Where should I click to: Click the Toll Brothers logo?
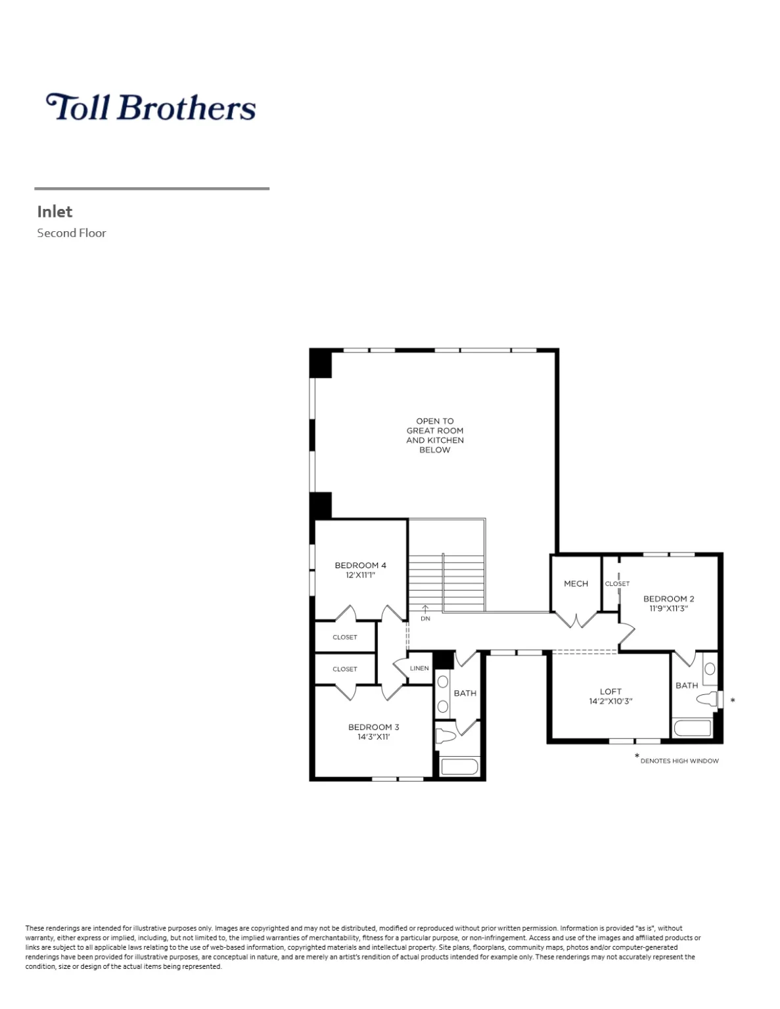(x=150, y=107)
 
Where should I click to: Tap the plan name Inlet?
(x=55, y=212)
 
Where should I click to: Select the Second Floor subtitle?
(x=71, y=233)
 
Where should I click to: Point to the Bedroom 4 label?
(x=360, y=565)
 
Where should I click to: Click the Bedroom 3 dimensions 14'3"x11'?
(x=373, y=736)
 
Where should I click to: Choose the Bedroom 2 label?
(x=668, y=598)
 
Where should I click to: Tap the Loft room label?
(x=610, y=691)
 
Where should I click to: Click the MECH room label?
(x=576, y=583)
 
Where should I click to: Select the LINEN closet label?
(x=419, y=668)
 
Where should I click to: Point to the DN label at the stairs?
(x=425, y=618)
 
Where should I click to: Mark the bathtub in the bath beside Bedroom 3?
(x=459, y=766)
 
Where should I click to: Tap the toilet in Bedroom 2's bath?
(x=707, y=699)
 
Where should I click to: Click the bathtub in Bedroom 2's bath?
(x=693, y=728)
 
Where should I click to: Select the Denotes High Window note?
(x=679, y=761)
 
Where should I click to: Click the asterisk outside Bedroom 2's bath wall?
(x=733, y=701)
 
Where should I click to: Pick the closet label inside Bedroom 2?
(x=617, y=583)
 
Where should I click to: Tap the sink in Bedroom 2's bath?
(x=710, y=669)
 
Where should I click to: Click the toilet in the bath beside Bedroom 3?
(x=446, y=734)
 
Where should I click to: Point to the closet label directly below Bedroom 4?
(x=344, y=637)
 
